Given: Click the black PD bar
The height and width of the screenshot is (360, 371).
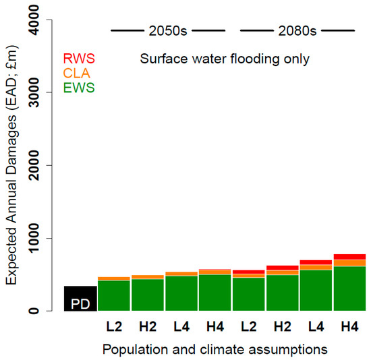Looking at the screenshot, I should [x=80, y=299].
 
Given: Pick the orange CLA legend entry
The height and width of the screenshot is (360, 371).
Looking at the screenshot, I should [x=74, y=72].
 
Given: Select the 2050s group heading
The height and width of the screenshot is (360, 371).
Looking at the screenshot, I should [x=167, y=30].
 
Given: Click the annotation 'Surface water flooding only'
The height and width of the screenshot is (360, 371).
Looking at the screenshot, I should [x=225, y=59].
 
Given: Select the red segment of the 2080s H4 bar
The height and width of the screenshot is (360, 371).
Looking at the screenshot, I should [x=350, y=257].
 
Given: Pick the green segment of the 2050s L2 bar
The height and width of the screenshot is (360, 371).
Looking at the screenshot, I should [x=114, y=295].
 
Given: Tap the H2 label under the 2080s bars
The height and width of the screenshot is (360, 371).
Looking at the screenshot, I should [x=283, y=326].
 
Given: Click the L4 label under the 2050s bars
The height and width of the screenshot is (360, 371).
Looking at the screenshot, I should [x=181, y=326].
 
